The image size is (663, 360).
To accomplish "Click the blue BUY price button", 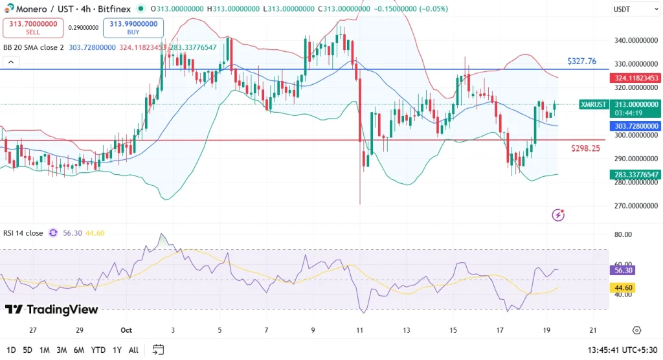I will [x=133, y=28].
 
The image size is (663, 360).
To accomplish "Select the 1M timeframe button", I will [x=45, y=350].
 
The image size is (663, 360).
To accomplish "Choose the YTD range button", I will [x=98, y=350].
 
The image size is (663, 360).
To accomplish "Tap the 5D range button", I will [x=27, y=350].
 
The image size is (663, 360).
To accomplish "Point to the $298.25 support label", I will [x=585, y=148].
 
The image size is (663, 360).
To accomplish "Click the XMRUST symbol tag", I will [x=593, y=104].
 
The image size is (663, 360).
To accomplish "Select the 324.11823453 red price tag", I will [x=635, y=78].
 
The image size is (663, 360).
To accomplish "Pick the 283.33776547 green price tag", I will [x=635, y=175].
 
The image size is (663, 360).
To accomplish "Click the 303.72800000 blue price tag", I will [x=635, y=126].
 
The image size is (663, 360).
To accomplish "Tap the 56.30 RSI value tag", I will [x=624, y=271].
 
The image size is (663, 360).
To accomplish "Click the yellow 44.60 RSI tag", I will [x=624, y=287].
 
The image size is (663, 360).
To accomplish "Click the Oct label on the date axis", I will [x=127, y=330].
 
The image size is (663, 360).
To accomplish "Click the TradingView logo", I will [x=52, y=309].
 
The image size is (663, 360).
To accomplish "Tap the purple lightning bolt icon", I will [x=557, y=215].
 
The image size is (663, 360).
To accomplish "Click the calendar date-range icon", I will [x=158, y=350].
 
